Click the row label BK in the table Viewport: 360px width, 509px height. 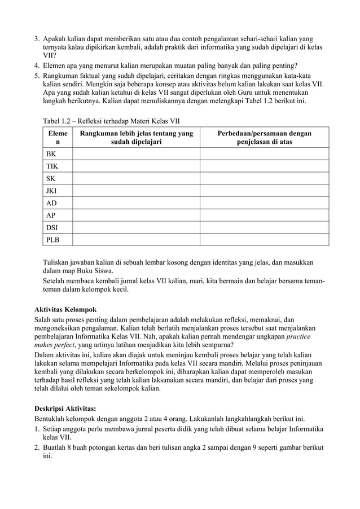pos(51,153)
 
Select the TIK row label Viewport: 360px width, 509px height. pos(52,166)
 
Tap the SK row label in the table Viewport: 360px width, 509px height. pos(51,178)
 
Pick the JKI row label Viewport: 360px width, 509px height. pos(52,191)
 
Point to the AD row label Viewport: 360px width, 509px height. pos(52,203)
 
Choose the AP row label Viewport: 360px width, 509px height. pos(51,216)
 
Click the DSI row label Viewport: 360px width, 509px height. pos(52,228)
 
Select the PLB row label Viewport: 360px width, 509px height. pos(52,240)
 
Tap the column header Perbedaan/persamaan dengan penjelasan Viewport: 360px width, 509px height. pos(264,138)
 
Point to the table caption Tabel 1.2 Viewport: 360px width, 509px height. pos(112,121)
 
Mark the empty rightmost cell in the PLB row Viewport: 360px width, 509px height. pos(264,240)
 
